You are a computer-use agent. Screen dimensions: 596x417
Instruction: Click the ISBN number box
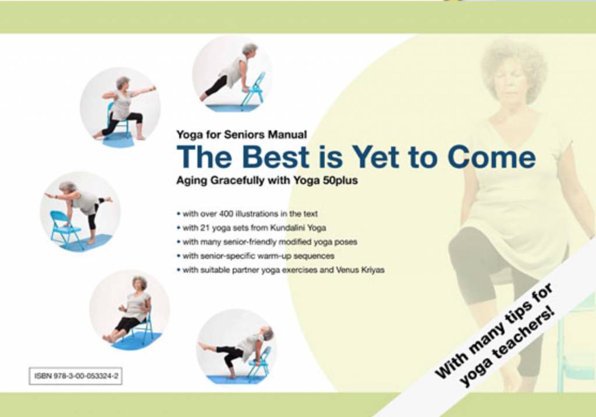(75, 376)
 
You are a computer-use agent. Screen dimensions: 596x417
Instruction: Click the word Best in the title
(275, 157)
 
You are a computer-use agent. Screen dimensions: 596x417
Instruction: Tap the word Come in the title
(491, 157)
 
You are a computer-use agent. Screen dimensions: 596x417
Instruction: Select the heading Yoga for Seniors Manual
(242, 135)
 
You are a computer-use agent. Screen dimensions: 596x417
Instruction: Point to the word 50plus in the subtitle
(340, 181)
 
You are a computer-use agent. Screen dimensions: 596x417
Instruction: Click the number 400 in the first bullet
(226, 214)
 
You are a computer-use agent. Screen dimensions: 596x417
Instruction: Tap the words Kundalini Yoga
(298, 228)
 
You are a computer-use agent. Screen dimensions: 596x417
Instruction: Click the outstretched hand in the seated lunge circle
(153, 89)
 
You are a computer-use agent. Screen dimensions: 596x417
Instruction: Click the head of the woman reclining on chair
(140, 284)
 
